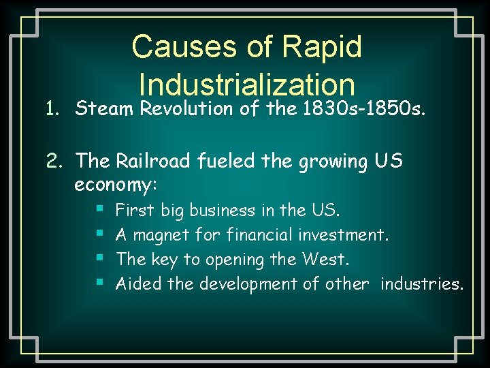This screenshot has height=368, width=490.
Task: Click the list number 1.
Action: pos(54,108)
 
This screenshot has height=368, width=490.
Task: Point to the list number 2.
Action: pos(54,161)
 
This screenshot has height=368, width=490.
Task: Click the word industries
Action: pos(422,283)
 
